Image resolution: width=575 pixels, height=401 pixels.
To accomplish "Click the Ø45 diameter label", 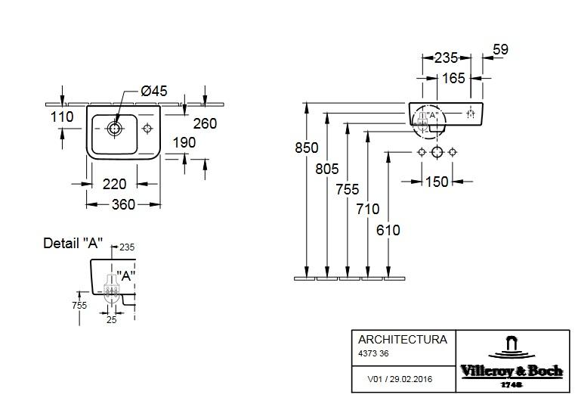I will [154, 91].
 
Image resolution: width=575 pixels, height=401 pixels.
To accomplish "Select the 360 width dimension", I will [124, 204].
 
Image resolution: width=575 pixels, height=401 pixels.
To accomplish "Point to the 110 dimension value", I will [62, 117].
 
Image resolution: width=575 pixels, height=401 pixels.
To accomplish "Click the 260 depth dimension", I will [205, 123].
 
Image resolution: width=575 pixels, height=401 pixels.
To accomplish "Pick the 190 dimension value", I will [183, 142].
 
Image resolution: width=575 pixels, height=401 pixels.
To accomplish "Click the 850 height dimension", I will [307, 148].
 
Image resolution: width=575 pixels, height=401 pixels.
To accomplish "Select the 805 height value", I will [327, 169].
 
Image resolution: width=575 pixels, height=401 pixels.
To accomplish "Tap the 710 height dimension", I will [368, 209].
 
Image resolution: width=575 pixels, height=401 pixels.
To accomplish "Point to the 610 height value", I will [388, 230].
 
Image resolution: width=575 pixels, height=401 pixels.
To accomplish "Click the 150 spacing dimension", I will [437, 182].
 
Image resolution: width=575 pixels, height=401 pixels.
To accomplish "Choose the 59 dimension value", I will [500, 50].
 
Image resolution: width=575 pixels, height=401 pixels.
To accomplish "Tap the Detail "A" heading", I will [73, 244].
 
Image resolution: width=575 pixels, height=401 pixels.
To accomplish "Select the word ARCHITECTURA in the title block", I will [402, 340].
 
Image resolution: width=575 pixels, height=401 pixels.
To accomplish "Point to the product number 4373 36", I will [374, 353].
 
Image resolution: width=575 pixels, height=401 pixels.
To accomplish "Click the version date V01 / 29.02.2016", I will [398, 380].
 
